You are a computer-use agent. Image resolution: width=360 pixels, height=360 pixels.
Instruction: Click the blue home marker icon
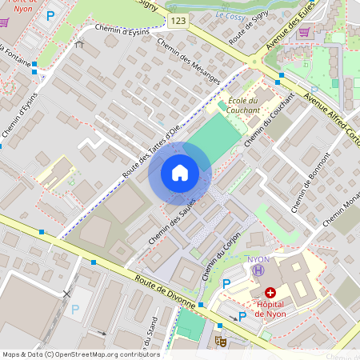(x=180, y=173)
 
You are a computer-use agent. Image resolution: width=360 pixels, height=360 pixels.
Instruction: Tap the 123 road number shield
(x=178, y=20)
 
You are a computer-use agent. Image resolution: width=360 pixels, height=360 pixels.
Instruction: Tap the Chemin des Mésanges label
(x=189, y=61)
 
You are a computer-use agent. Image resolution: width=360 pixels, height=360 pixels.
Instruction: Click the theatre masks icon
(x=222, y=341)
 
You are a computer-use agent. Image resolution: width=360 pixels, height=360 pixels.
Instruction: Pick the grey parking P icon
(x=76, y=309)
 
